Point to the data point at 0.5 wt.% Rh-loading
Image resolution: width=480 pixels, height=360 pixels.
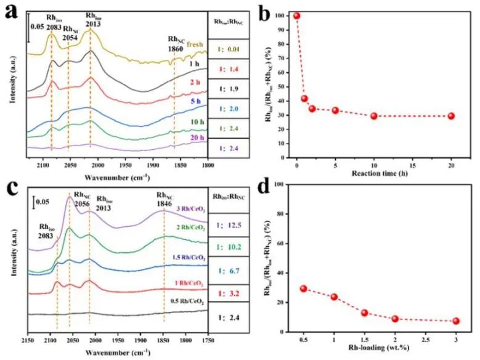[x=303, y=288]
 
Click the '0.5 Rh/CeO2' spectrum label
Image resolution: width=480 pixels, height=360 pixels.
[x=187, y=301]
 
